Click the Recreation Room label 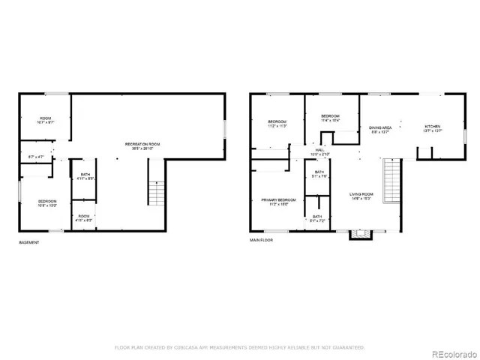(146, 145)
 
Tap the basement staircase (156, 194)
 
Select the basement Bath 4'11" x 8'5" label (85, 177)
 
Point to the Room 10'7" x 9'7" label (46, 119)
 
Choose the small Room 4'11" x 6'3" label (83, 219)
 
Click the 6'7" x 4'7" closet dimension (37, 156)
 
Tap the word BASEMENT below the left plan (29, 242)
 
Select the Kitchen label (433, 128)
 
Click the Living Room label (361, 196)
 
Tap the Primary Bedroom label (278, 202)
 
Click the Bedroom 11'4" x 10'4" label (331, 118)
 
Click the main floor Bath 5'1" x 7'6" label (319, 175)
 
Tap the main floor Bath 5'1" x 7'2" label (318, 218)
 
